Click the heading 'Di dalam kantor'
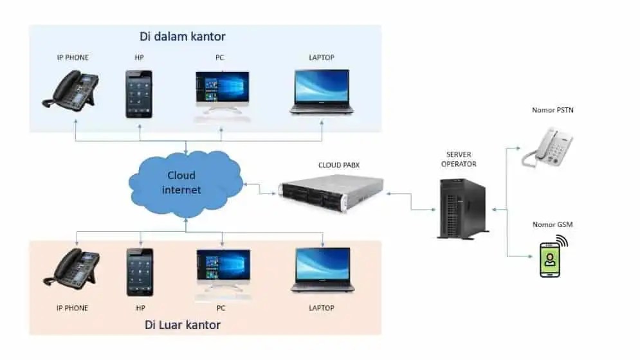[183, 36]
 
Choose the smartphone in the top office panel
[139, 94]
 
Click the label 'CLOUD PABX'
[339, 165]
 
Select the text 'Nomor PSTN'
[553, 110]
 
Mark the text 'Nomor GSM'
[553, 224]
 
